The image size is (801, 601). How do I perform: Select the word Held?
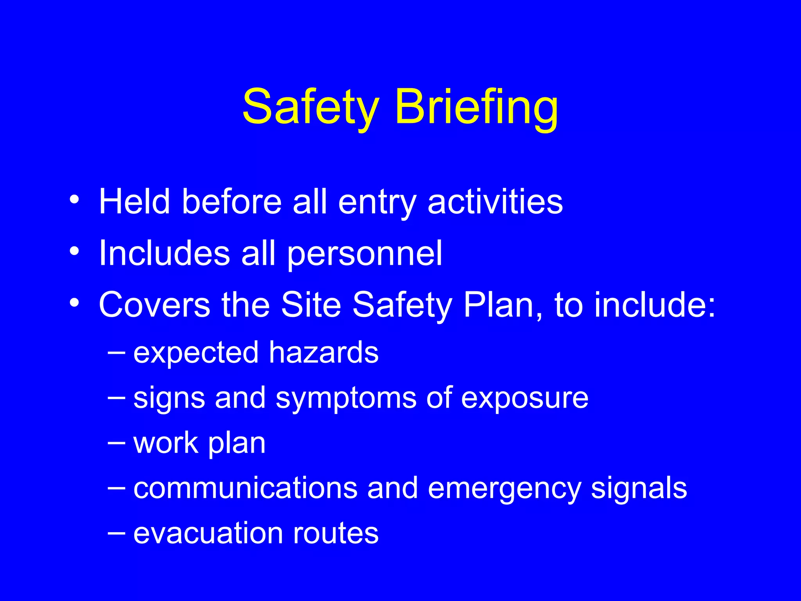click(x=135, y=202)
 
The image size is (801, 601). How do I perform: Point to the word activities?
click(x=495, y=202)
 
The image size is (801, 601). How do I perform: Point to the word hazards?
click(x=323, y=352)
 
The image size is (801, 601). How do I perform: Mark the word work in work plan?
click(x=166, y=443)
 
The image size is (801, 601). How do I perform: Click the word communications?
click(x=246, y=488)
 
